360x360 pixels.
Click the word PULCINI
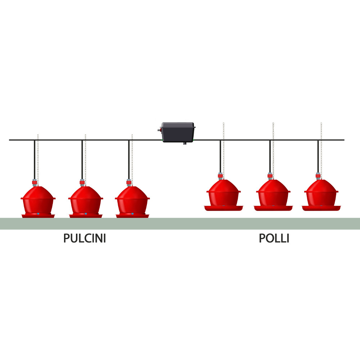(x=85, y=238)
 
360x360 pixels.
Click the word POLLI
(x=274, y=238)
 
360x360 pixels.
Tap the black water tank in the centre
(x=178, y=132)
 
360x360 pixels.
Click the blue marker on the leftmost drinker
(x=38, y=214)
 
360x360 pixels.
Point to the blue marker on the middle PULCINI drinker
(x=86, y=214)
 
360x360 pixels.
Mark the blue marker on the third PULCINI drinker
(x=132, y=214)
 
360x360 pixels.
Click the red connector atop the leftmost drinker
(x=35, y=183)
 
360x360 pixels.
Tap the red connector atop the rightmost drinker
(x=318, y=176)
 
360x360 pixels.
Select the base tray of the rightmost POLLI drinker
(x=321, y=208)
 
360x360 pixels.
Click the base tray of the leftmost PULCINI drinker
(x=38, y=216)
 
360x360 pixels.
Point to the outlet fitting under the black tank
(x=185, y=144)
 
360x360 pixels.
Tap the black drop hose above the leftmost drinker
(x=35, y=160)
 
